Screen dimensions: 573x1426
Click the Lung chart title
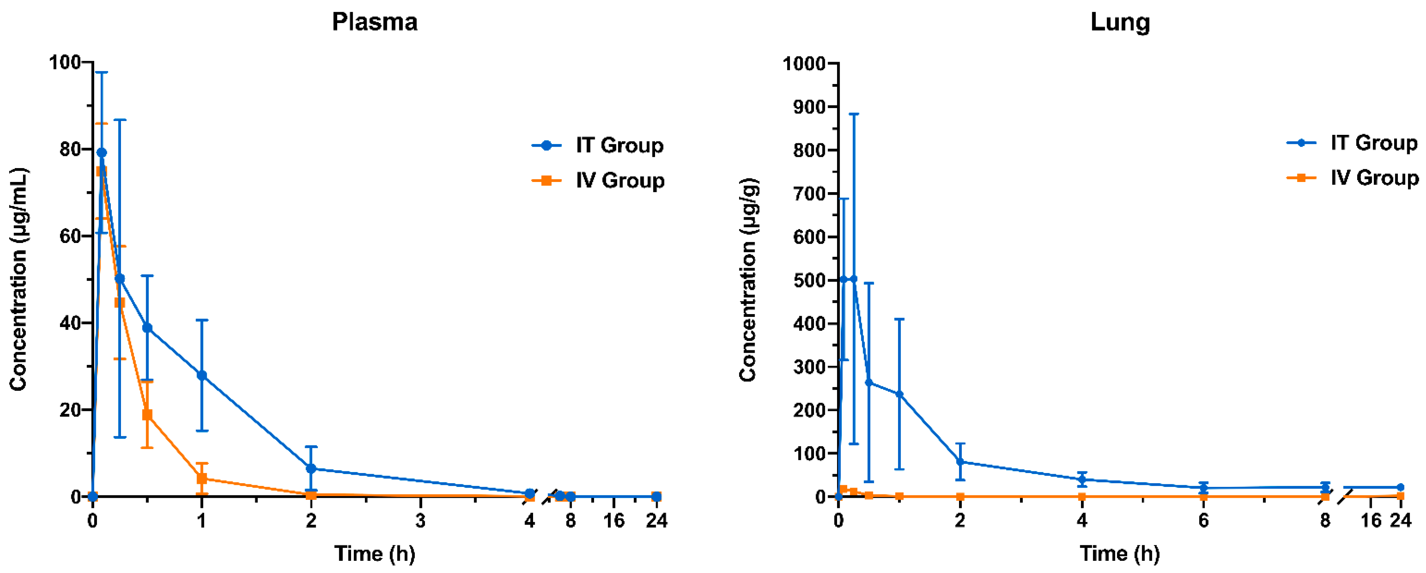[x=1120, y=22]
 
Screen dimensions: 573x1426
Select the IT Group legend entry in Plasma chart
[x=598, y=146]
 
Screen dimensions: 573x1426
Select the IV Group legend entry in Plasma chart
[x=598, y=181]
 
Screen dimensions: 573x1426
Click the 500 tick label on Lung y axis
[x=809, y=280]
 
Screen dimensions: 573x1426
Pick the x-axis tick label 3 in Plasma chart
[x=420, y=521]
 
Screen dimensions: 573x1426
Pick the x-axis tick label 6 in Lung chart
[x=1203, y=521]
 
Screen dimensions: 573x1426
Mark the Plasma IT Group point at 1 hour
[x=202, y=375]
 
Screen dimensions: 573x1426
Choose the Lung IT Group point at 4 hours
[x=1082, y=479]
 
